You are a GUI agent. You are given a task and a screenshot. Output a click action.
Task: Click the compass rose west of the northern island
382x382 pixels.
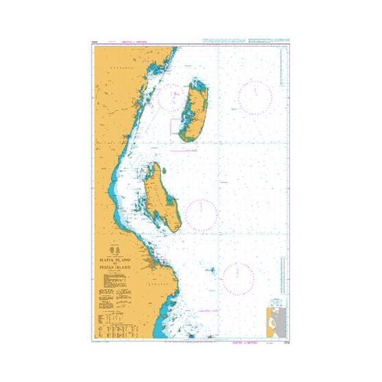(x=167, y=96)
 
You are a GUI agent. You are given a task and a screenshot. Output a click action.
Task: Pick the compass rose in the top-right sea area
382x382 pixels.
(x=254, y=96)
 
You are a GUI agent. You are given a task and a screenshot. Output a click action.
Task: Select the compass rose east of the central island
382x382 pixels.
(x=202, y=214)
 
